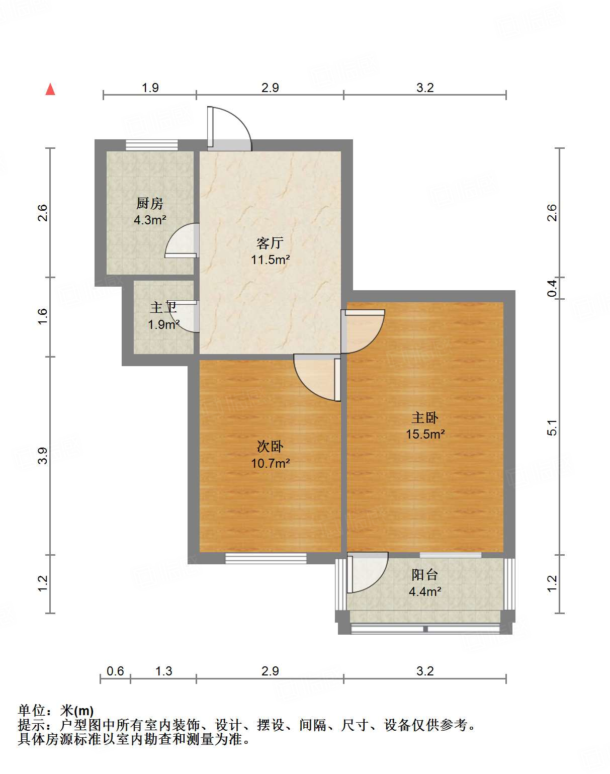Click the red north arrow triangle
[x=50, y=90]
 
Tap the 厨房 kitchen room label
[x=150, y=203]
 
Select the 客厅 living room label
[x=270, y=243]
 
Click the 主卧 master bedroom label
[x=425, y=417]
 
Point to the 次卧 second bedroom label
[x=270, y=446]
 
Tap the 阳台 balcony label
[x=425, y=574]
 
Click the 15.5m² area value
[x=425, y=434]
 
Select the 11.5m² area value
[x=270, y=260]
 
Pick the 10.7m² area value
[x=270, y=463]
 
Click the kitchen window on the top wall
[x=151, y=145]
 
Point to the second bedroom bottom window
[x=266, y=558]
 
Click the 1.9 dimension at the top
[x=150, y=88]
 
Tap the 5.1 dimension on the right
[x=552, y=427]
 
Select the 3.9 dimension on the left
[x=43, y=455]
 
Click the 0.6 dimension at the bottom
[x=115, y=671]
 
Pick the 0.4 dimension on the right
[x=552, y=288]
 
